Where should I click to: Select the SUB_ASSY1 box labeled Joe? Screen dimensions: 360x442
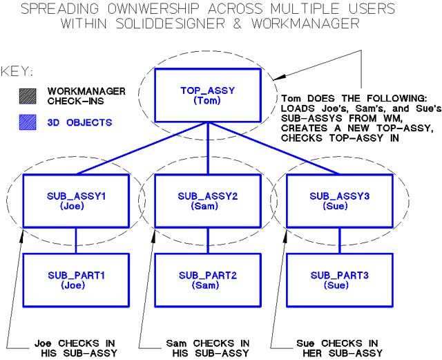click(x=76, y=200)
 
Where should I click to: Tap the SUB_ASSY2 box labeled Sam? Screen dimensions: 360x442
click(x=208, y=200)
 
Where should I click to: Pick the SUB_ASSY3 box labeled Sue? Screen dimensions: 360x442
click(x=339, y=200)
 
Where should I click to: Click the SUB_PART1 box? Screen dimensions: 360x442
click(x=76, y=280)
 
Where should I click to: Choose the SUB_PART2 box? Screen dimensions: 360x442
click(x=208, y=280)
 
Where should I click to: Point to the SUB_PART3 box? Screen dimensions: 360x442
click(x=339, y=280)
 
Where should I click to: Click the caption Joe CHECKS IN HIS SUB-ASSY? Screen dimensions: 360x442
click(x=69, y=348)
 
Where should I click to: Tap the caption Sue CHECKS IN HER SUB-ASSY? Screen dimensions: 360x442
click(x=334, y=348)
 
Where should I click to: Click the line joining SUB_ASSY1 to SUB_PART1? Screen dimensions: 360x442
click(x=76, y=240)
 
